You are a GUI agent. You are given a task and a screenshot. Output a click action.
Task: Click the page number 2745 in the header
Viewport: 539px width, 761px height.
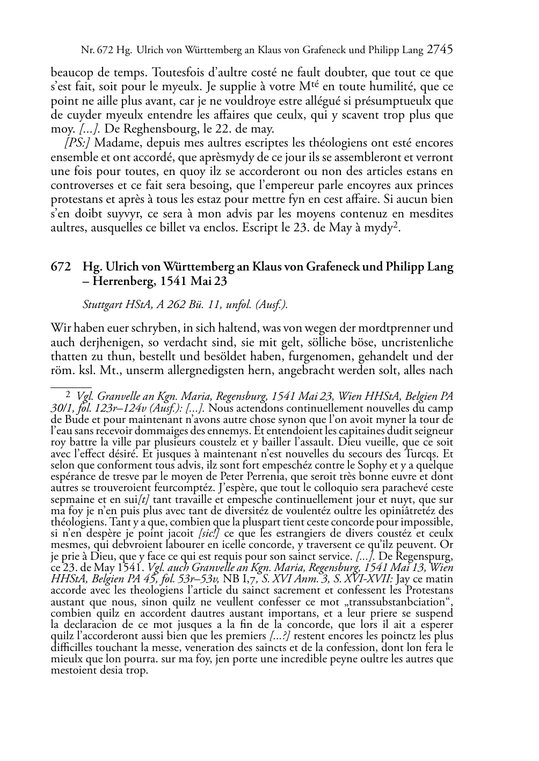coord(440,50)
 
